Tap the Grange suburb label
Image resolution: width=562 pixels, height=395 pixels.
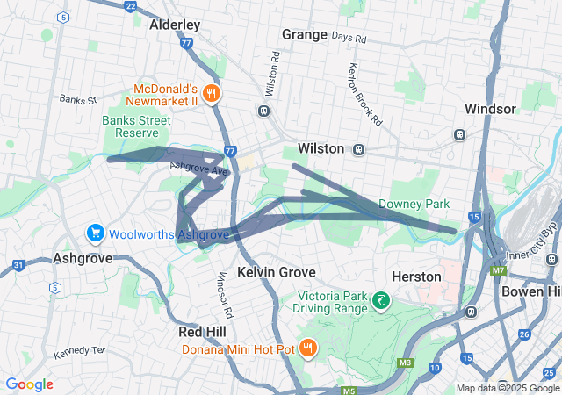pos(304,34)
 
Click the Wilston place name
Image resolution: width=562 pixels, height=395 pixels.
pos(321,148)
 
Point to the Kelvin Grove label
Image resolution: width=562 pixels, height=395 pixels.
pos(277,272)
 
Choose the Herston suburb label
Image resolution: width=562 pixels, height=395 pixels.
pos(416,276)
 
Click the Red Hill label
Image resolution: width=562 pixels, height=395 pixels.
pos(202,332)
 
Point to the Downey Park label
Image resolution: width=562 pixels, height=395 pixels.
pos(414,204)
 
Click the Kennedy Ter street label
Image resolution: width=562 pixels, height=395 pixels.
pos(79,350)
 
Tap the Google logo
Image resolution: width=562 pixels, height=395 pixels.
pos(29,384)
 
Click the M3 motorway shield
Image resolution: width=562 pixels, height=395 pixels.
pos(405,362)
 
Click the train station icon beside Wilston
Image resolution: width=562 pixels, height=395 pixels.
pos(359,149)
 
